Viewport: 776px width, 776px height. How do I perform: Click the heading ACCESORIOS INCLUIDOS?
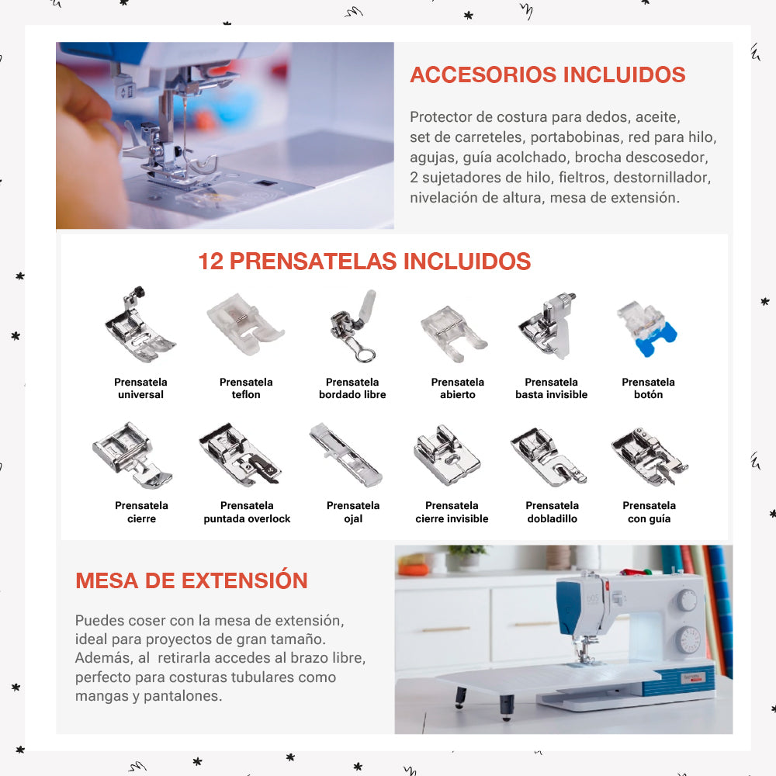point(547,74)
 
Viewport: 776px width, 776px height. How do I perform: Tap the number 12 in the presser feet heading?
point(211,262)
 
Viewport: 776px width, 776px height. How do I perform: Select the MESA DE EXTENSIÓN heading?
point(192,580)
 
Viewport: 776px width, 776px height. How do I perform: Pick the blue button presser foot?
point(647,328)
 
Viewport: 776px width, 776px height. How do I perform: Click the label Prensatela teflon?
point(246,389)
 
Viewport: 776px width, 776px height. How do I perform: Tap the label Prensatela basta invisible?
point(551,389)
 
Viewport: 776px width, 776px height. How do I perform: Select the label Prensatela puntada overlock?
point(247,512)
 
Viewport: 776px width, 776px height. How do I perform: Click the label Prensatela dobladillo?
point(553,512)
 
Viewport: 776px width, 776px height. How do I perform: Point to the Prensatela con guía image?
point(650,456)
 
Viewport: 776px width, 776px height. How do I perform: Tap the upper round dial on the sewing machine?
point(687,601)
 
